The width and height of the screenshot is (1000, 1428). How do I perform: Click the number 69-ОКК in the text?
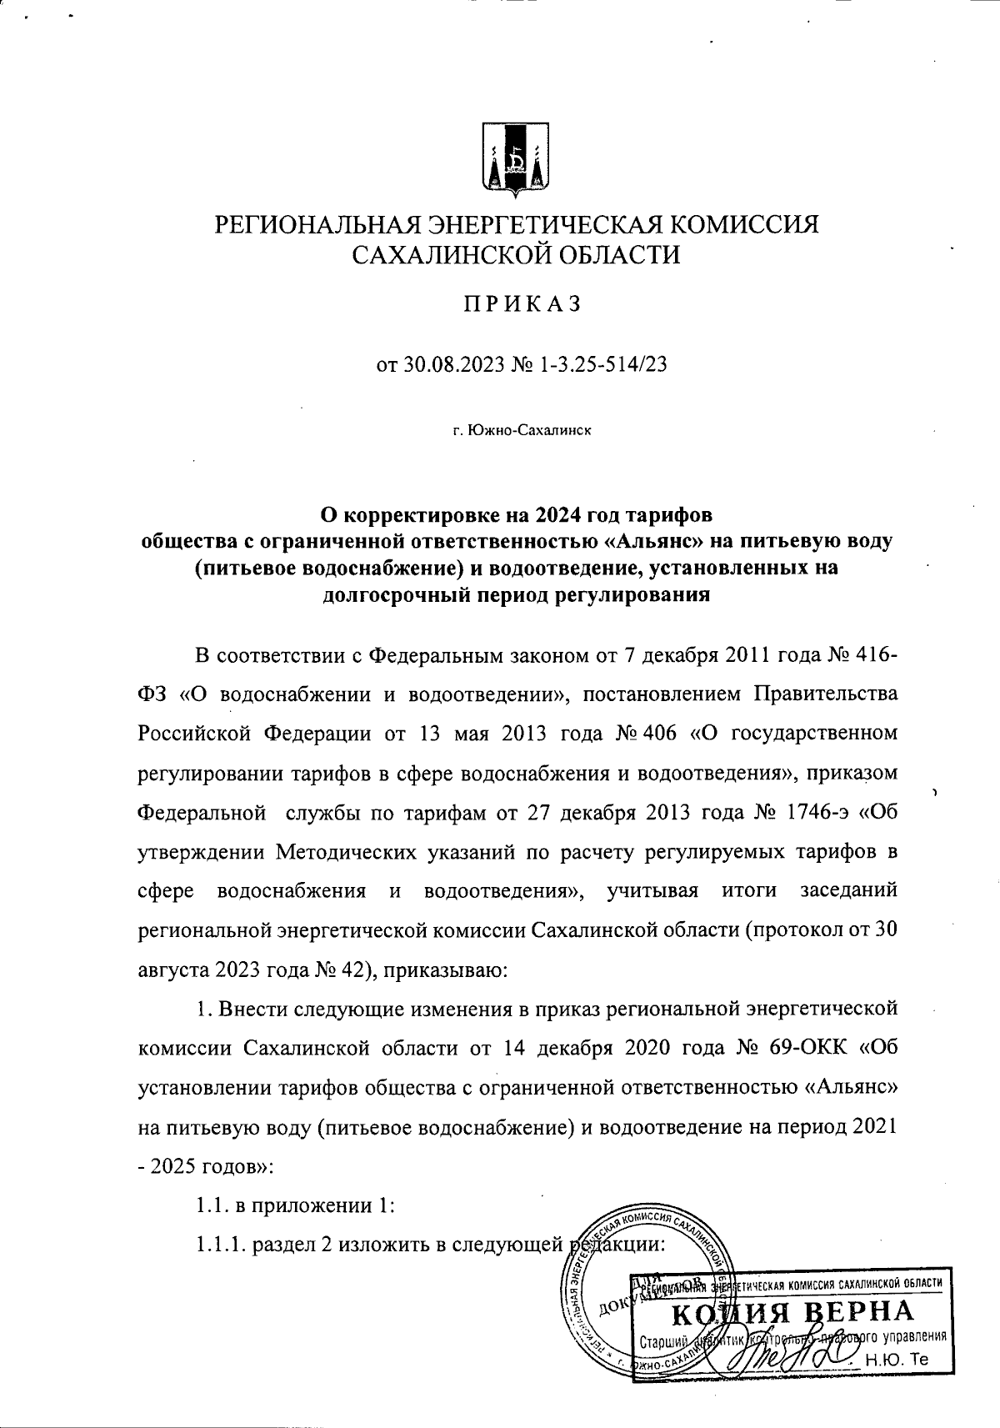(x=816, y=1048)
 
